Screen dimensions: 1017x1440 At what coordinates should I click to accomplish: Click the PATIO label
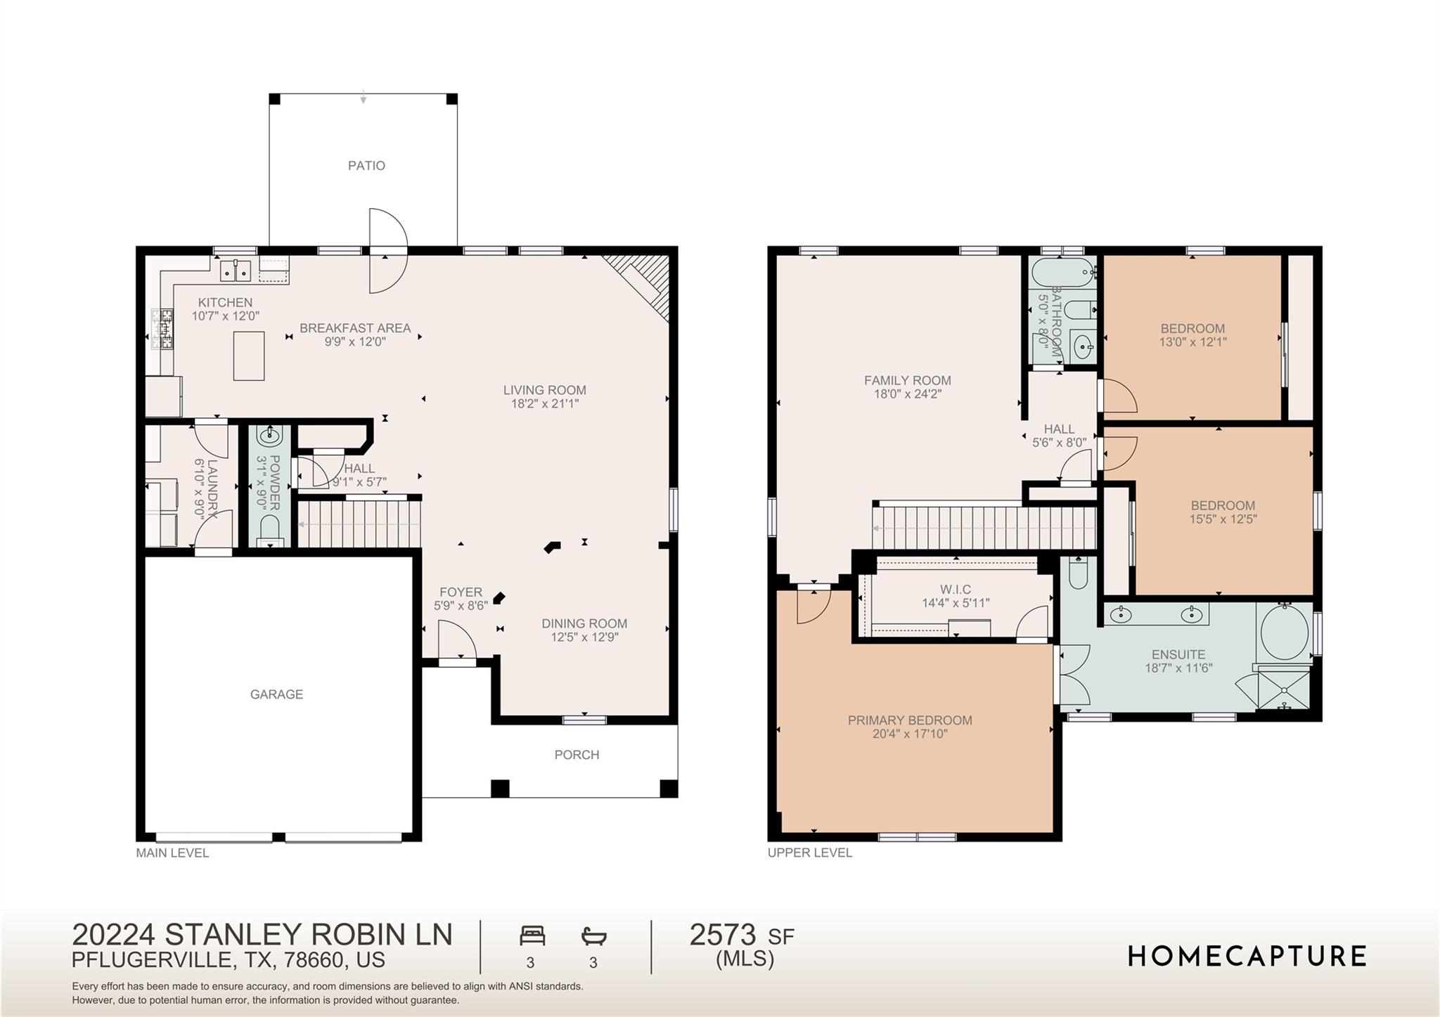pos(366,166)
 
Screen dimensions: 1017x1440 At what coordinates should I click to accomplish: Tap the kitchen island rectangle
pos(249,356)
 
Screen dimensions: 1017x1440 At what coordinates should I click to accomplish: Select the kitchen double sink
pos(236,269)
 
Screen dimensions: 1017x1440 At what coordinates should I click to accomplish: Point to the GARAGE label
pos(276,694)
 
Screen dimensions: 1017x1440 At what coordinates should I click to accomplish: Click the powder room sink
pos(269,436)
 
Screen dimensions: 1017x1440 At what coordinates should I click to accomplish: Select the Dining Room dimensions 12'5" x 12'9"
pos(584,637)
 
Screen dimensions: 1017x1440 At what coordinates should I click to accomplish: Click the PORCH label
pos(577,755)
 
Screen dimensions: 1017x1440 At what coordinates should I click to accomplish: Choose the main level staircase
pos(359,524)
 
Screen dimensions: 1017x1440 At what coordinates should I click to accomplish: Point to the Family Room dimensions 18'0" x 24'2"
pos(907,394)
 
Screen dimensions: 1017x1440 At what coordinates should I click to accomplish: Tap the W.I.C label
pos(955,590)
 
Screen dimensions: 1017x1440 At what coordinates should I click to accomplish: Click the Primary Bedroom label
pos(910,720)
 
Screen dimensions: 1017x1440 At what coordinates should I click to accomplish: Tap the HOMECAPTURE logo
pos(1247,957)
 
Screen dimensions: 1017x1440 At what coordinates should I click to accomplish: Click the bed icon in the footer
pos(532,936)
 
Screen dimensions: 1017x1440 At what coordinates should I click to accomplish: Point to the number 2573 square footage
pos(723,935)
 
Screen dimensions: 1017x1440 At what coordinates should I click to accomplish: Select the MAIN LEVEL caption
pos(172,853)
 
